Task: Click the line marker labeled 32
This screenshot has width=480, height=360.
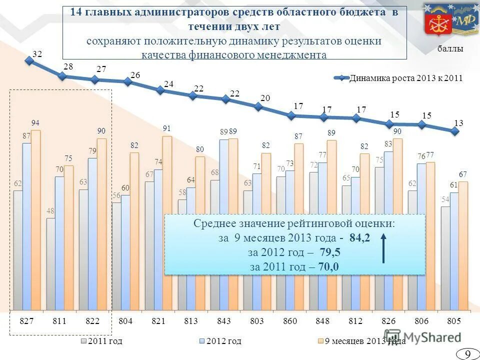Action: (29, 60)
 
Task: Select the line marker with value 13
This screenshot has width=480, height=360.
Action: (454, 131)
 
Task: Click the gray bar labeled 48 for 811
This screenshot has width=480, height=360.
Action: (51, 263)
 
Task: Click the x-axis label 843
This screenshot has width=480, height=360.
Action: (223, 320)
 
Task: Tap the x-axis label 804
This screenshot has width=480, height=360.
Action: (125, 320)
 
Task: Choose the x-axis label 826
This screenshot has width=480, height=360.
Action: (388, 320)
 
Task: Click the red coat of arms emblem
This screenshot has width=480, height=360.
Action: (434, 19)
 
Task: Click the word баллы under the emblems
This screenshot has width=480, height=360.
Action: (450, 49)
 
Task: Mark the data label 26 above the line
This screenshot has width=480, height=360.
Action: (135, 74)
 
